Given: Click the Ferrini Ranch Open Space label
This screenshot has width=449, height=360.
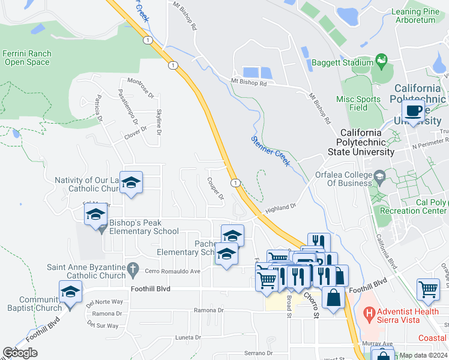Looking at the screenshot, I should pyautogui.click(x=26, y=58).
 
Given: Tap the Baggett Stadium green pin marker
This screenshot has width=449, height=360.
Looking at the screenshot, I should pyautogui.click(x=381, y=60).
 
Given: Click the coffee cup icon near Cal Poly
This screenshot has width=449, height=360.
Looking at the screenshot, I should pyautogui.click(x=414, y=110).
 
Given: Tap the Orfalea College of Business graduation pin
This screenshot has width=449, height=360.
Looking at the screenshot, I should pyautogui.click(x=380, y=176).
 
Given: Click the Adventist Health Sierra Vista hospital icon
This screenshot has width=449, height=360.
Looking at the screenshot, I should pyautogui.click(x=370, y=313).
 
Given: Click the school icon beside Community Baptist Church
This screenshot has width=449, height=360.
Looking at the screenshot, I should pyautogui.click(x=70, y=293).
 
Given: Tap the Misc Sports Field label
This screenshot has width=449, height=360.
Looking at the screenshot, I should pyautogui.click(x=358, y=103).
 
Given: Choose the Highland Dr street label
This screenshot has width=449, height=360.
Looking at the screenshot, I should pyautogui.click(x=281, y=208).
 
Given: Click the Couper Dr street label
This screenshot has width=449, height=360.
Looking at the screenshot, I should pyautogui.click(x=215, y=188).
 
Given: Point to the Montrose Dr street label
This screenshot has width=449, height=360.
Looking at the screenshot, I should pyautogui.click(x=141, y=88).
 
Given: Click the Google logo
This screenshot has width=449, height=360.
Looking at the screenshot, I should pyautogui.click(x=20, y=353).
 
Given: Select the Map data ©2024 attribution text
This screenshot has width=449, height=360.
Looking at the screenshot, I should pyautogui.click(x=423, y=355).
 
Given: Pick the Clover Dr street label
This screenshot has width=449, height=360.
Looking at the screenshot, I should pyautogui.click(x=135, y=132).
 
